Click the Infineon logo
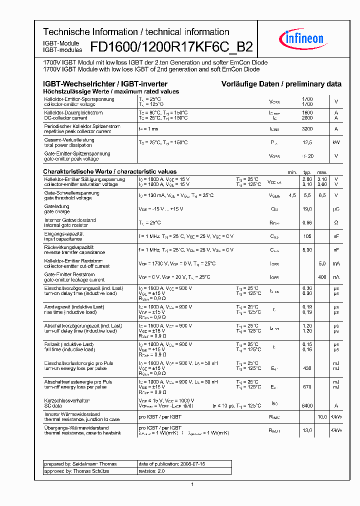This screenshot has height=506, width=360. tap(304, 37)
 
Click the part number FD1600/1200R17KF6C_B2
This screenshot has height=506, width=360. tap(171, 47)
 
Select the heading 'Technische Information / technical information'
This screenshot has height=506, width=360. tap(136, 32)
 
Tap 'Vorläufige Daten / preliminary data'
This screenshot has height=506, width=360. tap(281, 84)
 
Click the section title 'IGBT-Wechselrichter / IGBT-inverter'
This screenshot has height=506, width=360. tap(105, 84)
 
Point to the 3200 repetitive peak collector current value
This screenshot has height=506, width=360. tap(307, 129)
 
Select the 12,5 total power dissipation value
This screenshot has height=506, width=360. tap(307, 142)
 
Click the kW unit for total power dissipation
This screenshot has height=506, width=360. tap(336, 142)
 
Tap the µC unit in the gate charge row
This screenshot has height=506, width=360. tap(336, 209)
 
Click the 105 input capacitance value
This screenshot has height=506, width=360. tap(307, 236)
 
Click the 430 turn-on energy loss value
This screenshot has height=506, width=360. tap(307, 368)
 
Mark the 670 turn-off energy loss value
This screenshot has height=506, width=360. tap(307, 386)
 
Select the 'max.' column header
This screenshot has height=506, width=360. tap(322, 171)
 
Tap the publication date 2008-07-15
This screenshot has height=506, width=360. tap(171, 464)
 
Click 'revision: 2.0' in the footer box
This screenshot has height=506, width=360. tap(151, 471)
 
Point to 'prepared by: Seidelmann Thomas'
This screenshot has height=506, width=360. tap(80, 464)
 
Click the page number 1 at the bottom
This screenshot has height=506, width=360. tap(192, 484)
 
